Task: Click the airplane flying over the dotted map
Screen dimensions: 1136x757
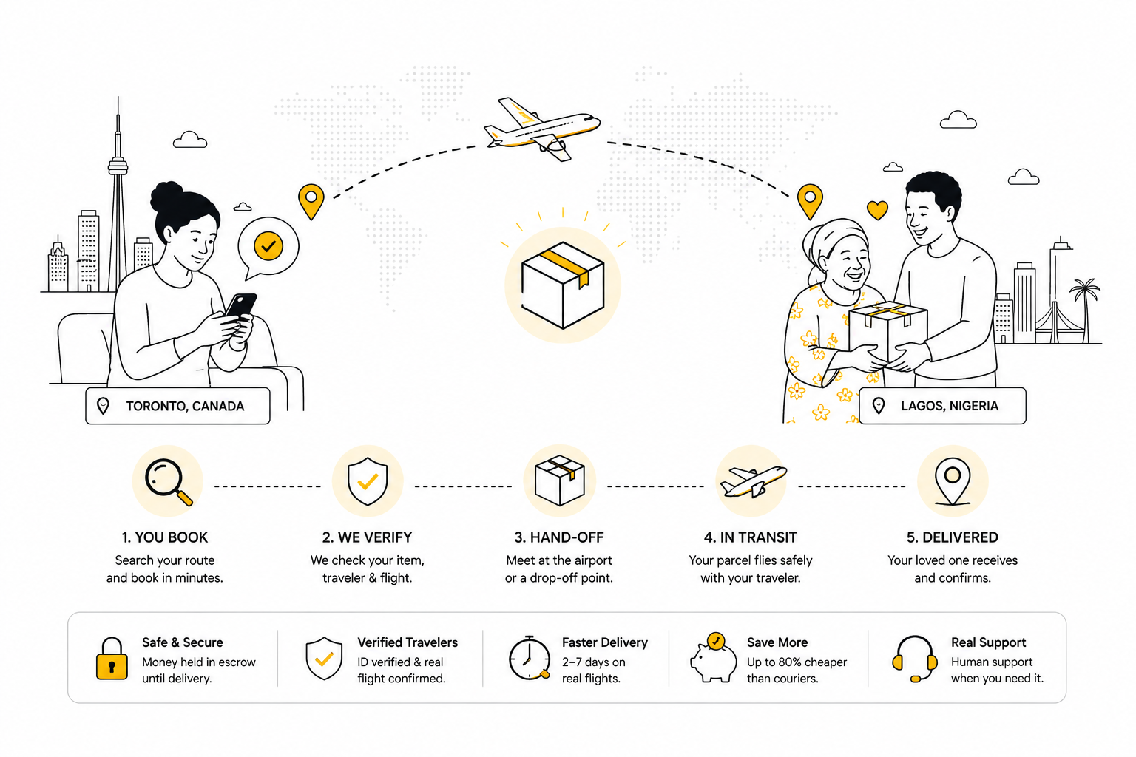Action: (541, 129)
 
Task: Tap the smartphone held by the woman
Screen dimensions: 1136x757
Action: (240, 306)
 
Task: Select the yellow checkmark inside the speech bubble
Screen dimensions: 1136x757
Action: (268, 246)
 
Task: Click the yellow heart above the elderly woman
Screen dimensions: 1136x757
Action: (877, 210)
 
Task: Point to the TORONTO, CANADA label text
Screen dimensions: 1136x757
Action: (185, 406)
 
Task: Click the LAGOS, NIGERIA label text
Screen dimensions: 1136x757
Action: (950, 406)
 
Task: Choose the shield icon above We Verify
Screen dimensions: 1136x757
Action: (368, 482)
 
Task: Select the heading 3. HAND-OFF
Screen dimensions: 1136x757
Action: (559, 537)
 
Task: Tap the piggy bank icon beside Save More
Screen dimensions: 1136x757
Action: (713, 658)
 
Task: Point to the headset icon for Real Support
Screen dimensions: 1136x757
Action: (914, 658)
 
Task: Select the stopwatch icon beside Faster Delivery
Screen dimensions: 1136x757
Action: (530, 658)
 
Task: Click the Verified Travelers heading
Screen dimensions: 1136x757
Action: (408, 642)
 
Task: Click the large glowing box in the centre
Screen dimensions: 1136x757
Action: (563, 285)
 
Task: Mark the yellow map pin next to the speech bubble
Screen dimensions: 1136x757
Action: (311, 201)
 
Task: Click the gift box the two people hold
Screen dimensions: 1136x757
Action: (888, 332)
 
